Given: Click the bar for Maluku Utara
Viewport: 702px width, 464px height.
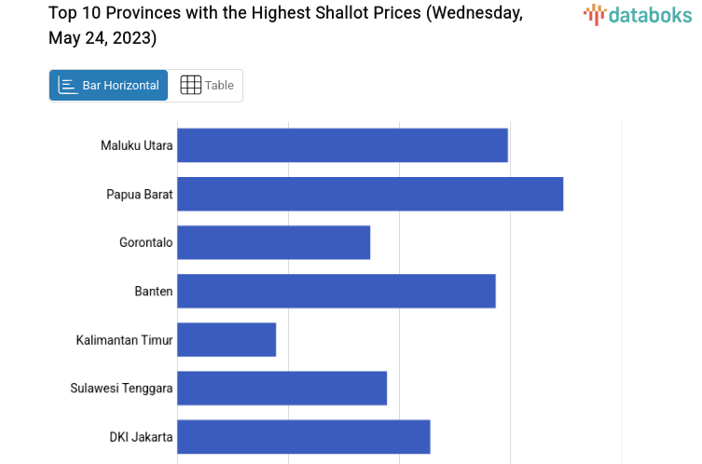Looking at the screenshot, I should (x=342, y=145).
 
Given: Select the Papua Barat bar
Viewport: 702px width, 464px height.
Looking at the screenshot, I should (x=370, y=194).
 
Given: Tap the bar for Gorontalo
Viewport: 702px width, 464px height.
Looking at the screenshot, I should (x=273, y=242).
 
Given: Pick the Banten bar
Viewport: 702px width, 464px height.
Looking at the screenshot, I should (x=336, y=291).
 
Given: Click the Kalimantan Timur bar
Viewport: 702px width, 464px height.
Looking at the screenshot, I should (x=227, y=339).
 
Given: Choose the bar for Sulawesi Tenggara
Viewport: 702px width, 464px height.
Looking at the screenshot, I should (x=282, y=388).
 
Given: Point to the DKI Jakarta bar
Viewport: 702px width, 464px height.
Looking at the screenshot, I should (x=303, y=436).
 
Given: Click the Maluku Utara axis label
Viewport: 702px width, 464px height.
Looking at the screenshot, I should (x=136, y=145).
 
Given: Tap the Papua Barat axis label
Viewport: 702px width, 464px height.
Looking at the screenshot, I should (x=139, y=194).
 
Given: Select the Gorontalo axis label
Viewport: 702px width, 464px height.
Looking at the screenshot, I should (x=145, y=242).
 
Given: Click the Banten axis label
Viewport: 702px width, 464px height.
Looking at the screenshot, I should (x=154, y=291).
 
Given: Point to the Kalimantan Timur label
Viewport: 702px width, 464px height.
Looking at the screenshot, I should (x=124, y=340).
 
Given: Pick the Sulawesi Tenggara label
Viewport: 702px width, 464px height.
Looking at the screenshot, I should (x=121, y=389).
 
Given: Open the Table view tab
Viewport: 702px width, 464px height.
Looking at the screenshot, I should (x=207, y=86).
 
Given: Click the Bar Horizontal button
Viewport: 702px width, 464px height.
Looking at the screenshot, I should (x=109, y=86).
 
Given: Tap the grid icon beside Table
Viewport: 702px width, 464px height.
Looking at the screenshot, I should (x=190, y=86).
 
